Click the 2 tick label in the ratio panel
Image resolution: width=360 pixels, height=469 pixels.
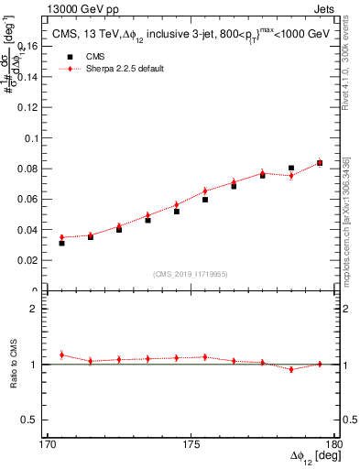[38, 309]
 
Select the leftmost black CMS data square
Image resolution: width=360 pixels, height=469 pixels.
[61, 243]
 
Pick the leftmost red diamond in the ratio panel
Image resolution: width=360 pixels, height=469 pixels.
[61, 355]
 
